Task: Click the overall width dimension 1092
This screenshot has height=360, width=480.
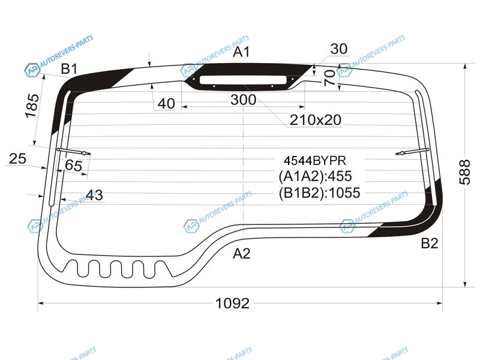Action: [x=233, y=304]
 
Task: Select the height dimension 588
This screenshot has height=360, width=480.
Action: [x=464, y=172]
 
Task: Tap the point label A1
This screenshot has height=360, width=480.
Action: [x=242, y=52]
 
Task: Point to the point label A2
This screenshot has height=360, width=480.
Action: [x=242, y=253]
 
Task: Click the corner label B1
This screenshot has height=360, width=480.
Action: [x=69, y=69]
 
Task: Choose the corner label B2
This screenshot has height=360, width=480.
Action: [x=430, y=244]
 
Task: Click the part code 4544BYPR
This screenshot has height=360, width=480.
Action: [x=314, y=161]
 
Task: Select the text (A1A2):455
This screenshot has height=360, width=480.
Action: [x=316, y=176]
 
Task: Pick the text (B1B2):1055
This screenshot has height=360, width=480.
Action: [x=319, y=193]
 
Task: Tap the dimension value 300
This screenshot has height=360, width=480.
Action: [x=244, y=100]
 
